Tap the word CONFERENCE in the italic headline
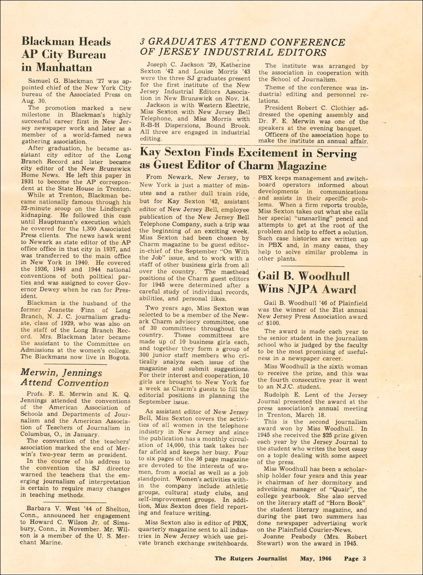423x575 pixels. pos(308,42)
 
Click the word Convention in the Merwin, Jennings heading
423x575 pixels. pos(83,383)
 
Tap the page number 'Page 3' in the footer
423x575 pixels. pos(355,559)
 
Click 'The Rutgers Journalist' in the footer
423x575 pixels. pos(251,559)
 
